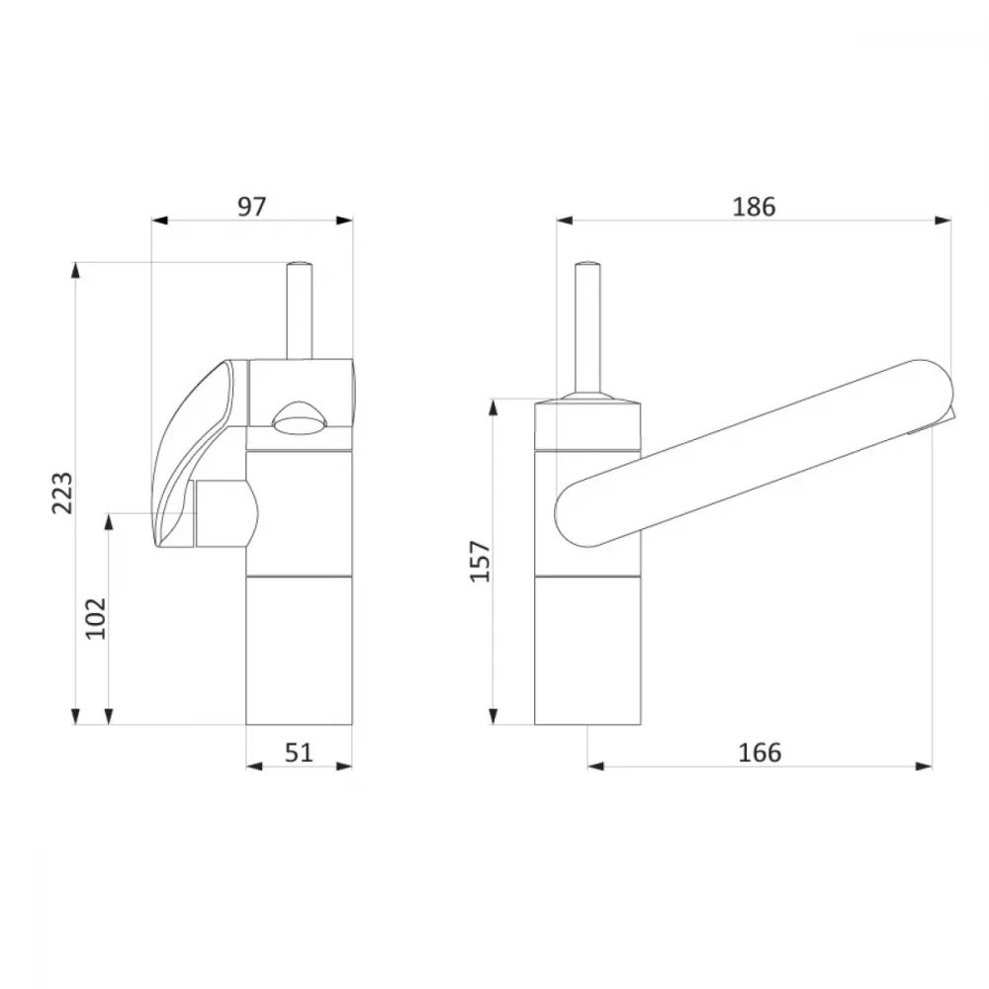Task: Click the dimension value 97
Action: click(252, 207)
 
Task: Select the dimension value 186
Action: click(754, 207)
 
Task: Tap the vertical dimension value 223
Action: click(62, 493)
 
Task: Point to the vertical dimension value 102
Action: click(96, 618)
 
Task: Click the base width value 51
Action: click(299, 752)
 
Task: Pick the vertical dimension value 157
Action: click(480, 561)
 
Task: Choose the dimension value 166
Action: click(760, 752)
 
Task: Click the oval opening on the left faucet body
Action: click(300, 417)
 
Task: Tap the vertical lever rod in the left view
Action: click(299, 311)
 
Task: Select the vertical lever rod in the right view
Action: click(587, 329)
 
